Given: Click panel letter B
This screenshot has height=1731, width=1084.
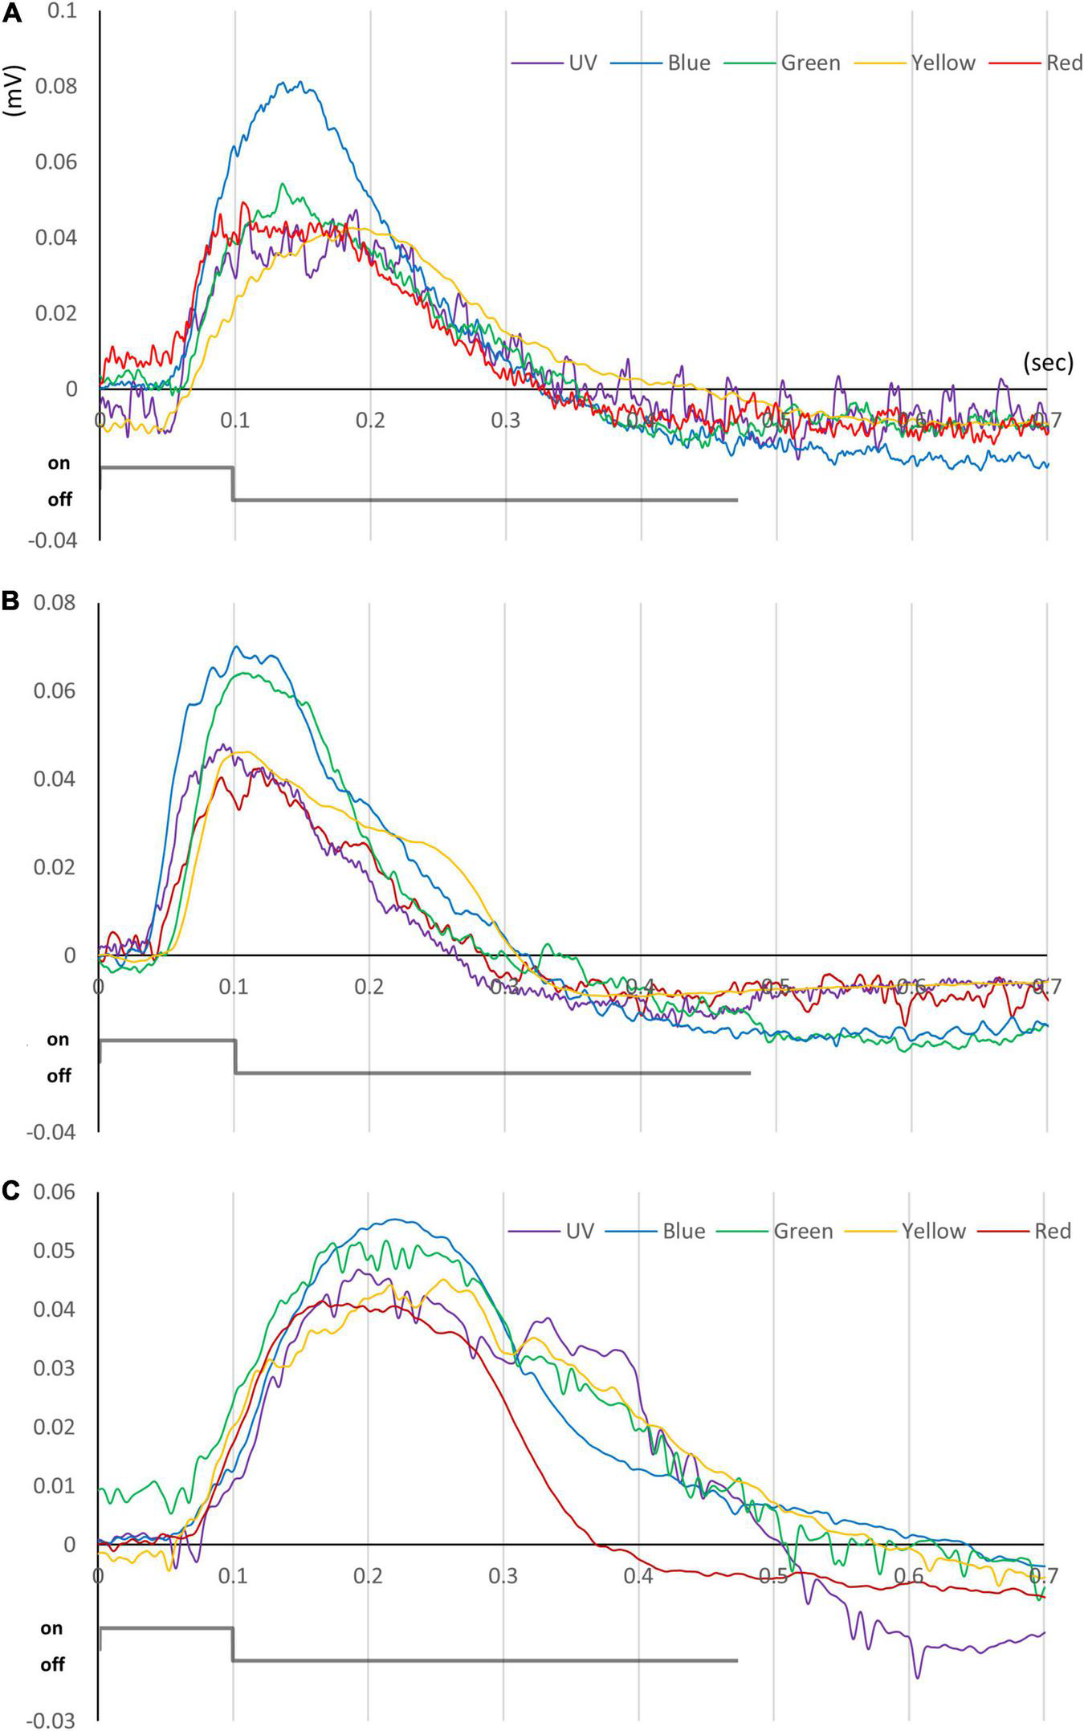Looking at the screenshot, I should (10, 602).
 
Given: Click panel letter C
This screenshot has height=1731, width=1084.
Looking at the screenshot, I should (10, 1190).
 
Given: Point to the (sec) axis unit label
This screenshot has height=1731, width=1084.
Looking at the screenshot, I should (1048, 363).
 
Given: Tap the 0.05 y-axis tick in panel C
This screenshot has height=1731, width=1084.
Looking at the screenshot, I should (55, 1250).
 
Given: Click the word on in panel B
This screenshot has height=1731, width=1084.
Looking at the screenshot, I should (58, 1039).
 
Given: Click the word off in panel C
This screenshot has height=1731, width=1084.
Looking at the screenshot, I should (52, 1664).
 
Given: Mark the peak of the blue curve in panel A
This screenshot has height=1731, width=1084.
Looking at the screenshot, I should (300, 82).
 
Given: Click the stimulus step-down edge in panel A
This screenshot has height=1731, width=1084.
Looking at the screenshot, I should (234, 483).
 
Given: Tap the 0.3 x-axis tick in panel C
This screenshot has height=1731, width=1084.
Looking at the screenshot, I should (503, 1575).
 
